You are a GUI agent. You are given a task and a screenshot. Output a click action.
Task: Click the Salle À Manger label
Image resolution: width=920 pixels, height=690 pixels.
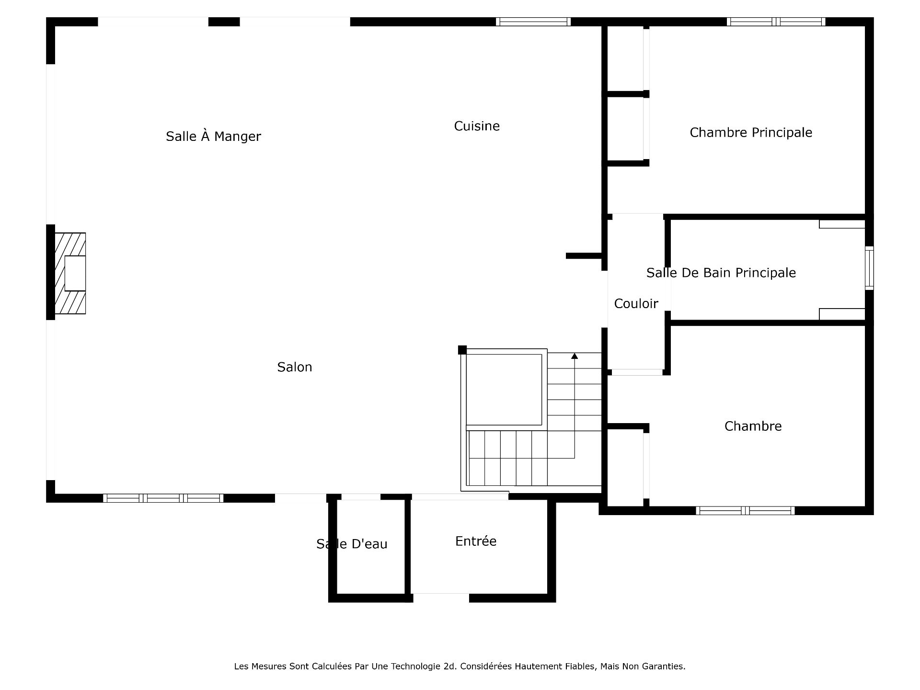tap(213, 136)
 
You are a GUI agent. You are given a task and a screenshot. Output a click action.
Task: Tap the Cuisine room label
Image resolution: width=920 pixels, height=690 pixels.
tap(477, 126)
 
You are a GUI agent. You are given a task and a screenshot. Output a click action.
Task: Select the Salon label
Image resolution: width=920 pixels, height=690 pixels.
tap(295, 367)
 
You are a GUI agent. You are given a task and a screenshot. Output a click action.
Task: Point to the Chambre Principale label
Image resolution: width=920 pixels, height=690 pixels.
tap(751, 133)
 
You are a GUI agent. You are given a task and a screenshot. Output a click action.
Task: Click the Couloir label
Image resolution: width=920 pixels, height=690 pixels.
tap(636, 304)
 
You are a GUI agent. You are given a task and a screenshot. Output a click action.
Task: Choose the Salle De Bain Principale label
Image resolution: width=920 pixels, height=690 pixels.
tap(721, 273)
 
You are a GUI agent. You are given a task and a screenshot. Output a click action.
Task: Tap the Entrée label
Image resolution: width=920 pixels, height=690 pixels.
tap(476, 541)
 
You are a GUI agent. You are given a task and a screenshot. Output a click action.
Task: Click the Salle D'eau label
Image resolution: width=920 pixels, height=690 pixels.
tap(352, 544)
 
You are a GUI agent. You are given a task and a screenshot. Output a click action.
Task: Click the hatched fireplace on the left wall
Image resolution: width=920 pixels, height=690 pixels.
tap(70, 273)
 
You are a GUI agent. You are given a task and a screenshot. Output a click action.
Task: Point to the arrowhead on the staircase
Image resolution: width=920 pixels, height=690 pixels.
tap(575, 356)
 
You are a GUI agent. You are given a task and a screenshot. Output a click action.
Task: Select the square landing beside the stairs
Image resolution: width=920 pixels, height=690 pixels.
tap(504, 389)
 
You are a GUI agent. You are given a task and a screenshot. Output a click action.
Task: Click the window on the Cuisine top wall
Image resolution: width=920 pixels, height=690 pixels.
tap(533, 22)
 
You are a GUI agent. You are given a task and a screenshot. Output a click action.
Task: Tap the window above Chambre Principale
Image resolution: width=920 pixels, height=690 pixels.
tap(776, 22)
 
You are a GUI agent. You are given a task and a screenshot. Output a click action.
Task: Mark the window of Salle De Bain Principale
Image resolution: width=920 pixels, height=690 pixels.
tap(869, 268)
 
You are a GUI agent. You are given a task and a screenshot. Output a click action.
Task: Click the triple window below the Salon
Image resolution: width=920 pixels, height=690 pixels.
tap(163, 498)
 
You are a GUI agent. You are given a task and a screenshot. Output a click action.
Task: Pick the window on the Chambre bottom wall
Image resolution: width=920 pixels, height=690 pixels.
tap(745, 511)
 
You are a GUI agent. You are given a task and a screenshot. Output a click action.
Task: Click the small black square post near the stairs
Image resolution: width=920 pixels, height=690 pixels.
tap(462, 350)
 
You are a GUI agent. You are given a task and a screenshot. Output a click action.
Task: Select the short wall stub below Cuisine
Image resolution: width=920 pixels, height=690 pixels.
tap(584, 256)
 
